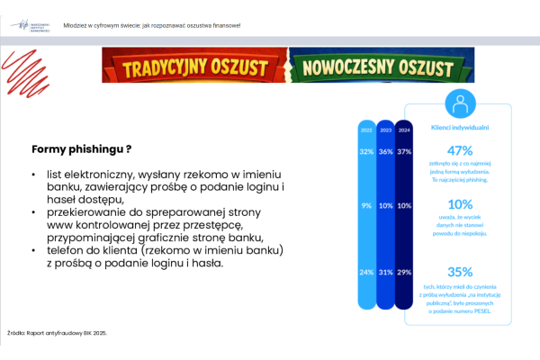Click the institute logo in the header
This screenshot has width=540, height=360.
(33, 26)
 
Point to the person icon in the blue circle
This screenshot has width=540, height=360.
(460, 103)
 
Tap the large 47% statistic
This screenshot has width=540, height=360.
(459, 149)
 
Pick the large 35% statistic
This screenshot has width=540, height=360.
(459, 272)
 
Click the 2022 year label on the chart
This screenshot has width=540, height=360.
(366, 130)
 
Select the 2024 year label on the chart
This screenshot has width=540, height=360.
(404, 130)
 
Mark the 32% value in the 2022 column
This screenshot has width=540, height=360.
(366, 151)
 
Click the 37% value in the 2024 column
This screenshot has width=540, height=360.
(404, 151)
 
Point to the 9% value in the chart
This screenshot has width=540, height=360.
(366, 205)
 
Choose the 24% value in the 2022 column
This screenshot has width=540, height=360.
(366, 272)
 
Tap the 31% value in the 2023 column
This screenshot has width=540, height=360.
(385, 272)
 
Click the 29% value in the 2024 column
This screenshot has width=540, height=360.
(404, 272)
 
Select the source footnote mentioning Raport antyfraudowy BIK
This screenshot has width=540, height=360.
(57, 333)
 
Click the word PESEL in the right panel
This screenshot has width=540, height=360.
(477, 311)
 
